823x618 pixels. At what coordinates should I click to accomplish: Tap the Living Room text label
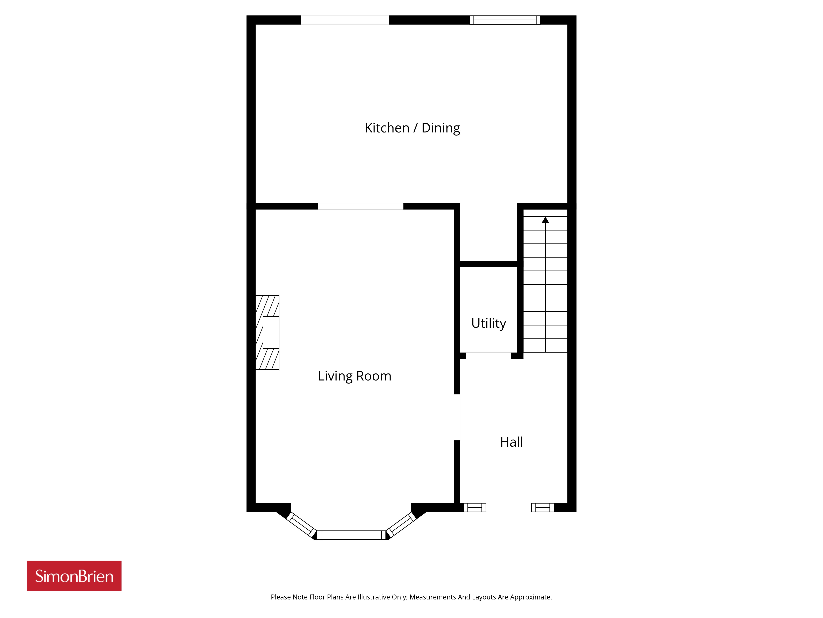pos(355,376)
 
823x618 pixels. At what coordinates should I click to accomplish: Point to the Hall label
pos(511,442)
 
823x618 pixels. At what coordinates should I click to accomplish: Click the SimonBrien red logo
pos(74,576)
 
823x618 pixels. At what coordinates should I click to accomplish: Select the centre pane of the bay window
pos(351,535)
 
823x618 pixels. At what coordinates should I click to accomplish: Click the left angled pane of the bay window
pos(301,525)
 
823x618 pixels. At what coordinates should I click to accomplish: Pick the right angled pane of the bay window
pos(401,525)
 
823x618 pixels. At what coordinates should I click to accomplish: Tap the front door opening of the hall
pos(509,507)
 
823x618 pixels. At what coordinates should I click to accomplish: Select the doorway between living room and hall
pos(457,417)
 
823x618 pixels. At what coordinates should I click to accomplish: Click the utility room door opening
pos(488,356)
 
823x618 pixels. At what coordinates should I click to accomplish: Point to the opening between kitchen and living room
pos(360,206)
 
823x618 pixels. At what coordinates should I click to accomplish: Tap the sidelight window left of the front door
pos(475,507)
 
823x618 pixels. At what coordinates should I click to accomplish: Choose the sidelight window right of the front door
pos(543,507)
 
